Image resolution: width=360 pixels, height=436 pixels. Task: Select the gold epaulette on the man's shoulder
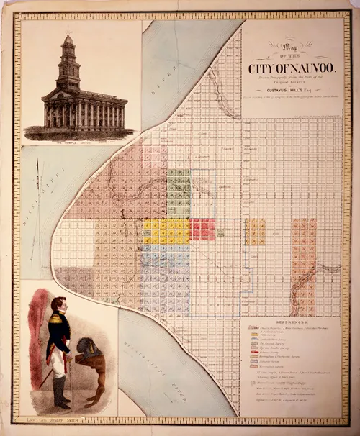(x=67, y=321)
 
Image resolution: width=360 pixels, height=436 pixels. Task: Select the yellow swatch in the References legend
(x=255, y=335)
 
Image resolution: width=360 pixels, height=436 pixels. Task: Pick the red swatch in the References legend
(x=255, y=353)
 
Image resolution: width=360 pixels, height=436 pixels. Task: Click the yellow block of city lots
(x=166, y=231)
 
